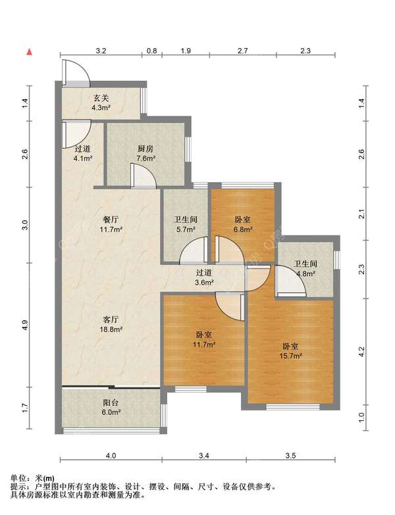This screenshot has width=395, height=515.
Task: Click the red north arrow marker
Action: click(29, 51)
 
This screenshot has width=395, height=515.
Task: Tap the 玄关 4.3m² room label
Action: click(101, 103)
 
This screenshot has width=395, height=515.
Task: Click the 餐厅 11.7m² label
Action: click(111, 224)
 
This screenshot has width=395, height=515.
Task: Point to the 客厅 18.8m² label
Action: click(111, 324)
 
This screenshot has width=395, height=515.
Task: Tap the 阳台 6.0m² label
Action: click(111, 407)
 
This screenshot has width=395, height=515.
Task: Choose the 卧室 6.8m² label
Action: click(243, 224)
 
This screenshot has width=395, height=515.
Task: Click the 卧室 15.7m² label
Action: click(290, 351)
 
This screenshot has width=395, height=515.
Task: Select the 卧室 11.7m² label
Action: click(203, 339)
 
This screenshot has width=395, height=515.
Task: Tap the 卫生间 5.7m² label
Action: click(186, 224)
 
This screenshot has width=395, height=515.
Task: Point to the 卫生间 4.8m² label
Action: click(305, 268)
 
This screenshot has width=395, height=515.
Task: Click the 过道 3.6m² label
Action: click(204, 277)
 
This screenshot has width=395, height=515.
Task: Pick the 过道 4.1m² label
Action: click(82, 153)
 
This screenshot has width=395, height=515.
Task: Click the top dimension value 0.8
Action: click(152, 51)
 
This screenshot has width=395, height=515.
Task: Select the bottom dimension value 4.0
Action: click(111, 455)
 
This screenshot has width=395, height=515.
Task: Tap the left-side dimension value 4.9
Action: click(26, 325)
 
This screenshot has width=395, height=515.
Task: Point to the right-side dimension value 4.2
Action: click(361, 352)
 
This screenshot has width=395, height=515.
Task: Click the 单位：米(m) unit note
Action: click(32, 478)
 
